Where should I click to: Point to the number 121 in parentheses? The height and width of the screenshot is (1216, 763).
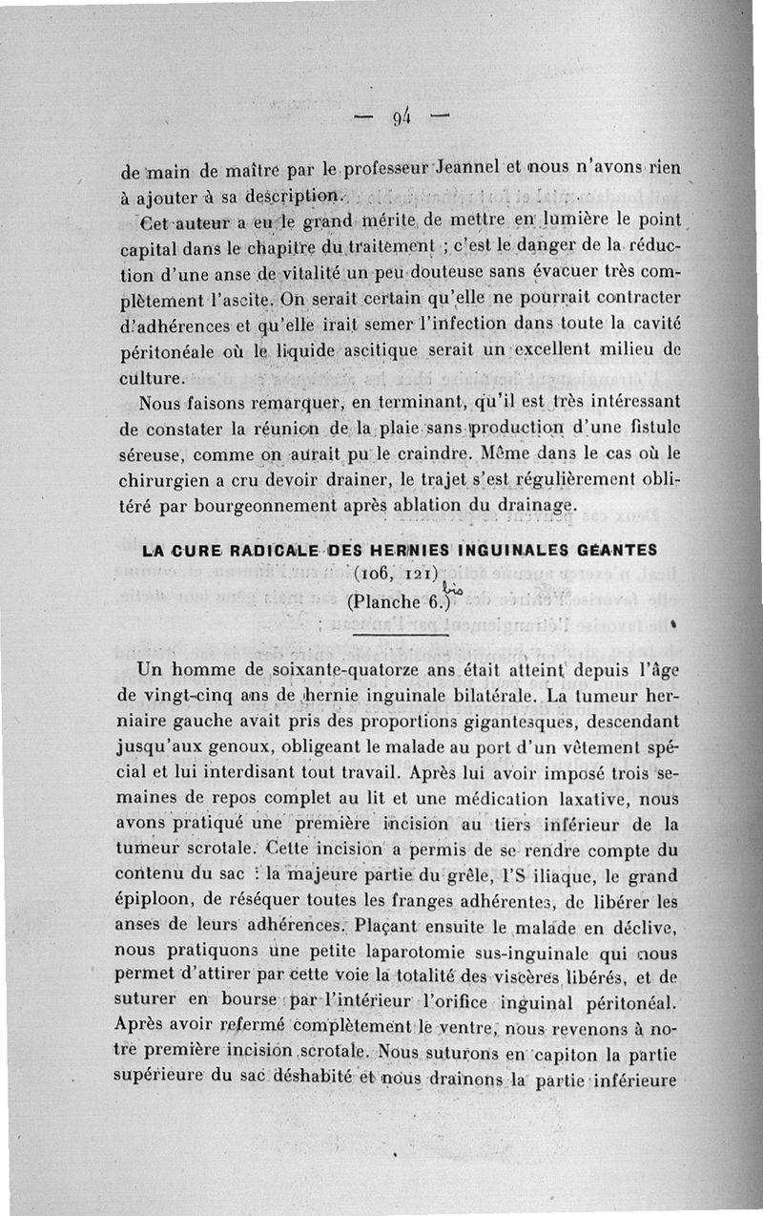coord(418,576)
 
